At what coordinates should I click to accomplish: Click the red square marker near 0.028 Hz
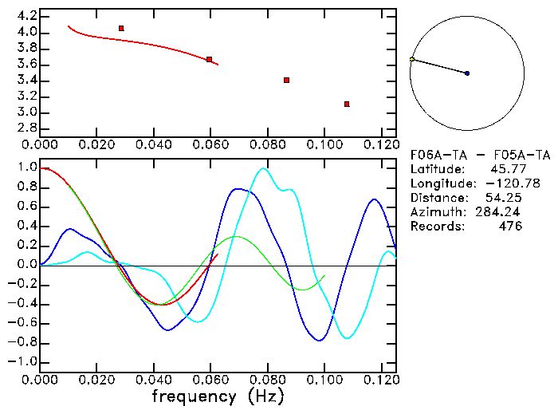[121, 29]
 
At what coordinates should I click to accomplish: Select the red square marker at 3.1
[347, 104]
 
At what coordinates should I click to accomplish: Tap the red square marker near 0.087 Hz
[286, 80]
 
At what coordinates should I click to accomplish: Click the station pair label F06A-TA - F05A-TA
[479, 155]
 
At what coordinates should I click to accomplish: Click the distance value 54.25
[503, 198]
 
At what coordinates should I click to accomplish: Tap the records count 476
[509, 227]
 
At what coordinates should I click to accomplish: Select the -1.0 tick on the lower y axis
[22, 361]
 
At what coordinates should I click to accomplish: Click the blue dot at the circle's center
[467, 73]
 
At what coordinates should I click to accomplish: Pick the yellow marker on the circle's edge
[412, 59]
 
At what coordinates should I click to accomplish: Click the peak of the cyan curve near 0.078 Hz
[261, 168]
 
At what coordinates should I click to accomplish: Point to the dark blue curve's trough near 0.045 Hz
[167, 329]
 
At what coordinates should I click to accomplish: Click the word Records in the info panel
[435, 227]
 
